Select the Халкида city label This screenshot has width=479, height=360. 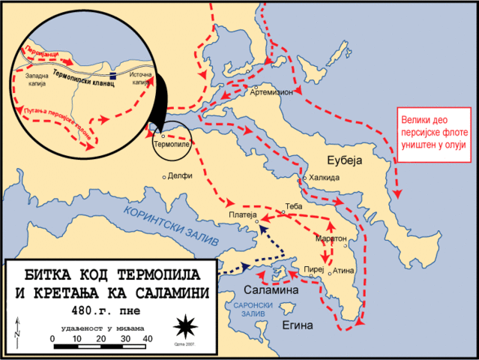pos(325,178)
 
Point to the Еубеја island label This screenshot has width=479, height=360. pos(344,160)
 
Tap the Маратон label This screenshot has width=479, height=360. pos(331,238)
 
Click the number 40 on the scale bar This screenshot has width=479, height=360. pos(147,339)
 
